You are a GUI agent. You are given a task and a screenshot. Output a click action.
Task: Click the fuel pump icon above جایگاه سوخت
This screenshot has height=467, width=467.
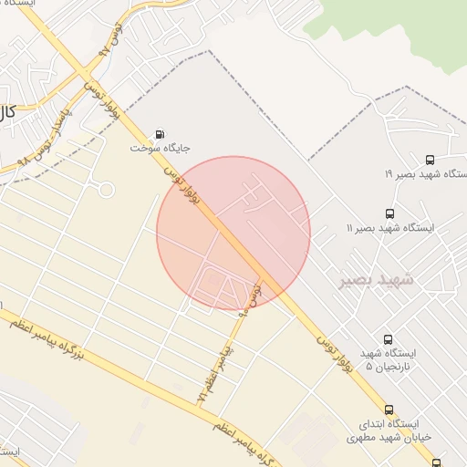click(x=161, y=133)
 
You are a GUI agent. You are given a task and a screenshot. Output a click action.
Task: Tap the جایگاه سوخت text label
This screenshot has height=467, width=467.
click(x=158, y=147)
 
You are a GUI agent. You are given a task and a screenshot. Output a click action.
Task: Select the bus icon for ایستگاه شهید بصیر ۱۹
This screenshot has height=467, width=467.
click(x=430, y=161)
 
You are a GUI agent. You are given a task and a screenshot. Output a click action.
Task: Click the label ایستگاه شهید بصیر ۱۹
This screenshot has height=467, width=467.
click(x=425, y=174)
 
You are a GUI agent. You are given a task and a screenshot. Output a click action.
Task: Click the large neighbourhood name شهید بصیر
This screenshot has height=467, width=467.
click(x=376, y=279)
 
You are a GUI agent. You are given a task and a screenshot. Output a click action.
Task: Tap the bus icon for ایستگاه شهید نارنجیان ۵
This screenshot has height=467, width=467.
click(x=389, y=339)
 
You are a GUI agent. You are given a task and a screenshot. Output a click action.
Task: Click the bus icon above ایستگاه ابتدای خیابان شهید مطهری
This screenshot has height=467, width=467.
click(x=389, y=410)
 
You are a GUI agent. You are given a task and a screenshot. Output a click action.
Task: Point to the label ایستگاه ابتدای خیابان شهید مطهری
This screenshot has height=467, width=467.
click(x=384, y=431)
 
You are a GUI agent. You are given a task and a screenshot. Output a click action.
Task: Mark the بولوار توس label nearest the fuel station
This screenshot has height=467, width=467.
click(x=182, y=186)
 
